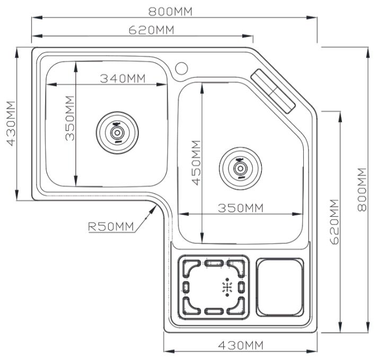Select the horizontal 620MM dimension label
(x=151, y=30)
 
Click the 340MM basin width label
(x=122, y=78)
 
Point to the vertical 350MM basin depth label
(x=69, y=118)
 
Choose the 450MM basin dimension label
(x=196, y=162)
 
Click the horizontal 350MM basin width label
(x=241, y=208)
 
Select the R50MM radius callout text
(x=110, y=227)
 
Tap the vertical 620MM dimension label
(x=335, y=222)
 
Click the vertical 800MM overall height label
(x=362, y=189)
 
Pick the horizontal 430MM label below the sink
(x=241, y=345)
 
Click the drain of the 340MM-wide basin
(x=117, y=130)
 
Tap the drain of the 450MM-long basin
(x=241, y=168)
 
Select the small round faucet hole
(x=181, y=68)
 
